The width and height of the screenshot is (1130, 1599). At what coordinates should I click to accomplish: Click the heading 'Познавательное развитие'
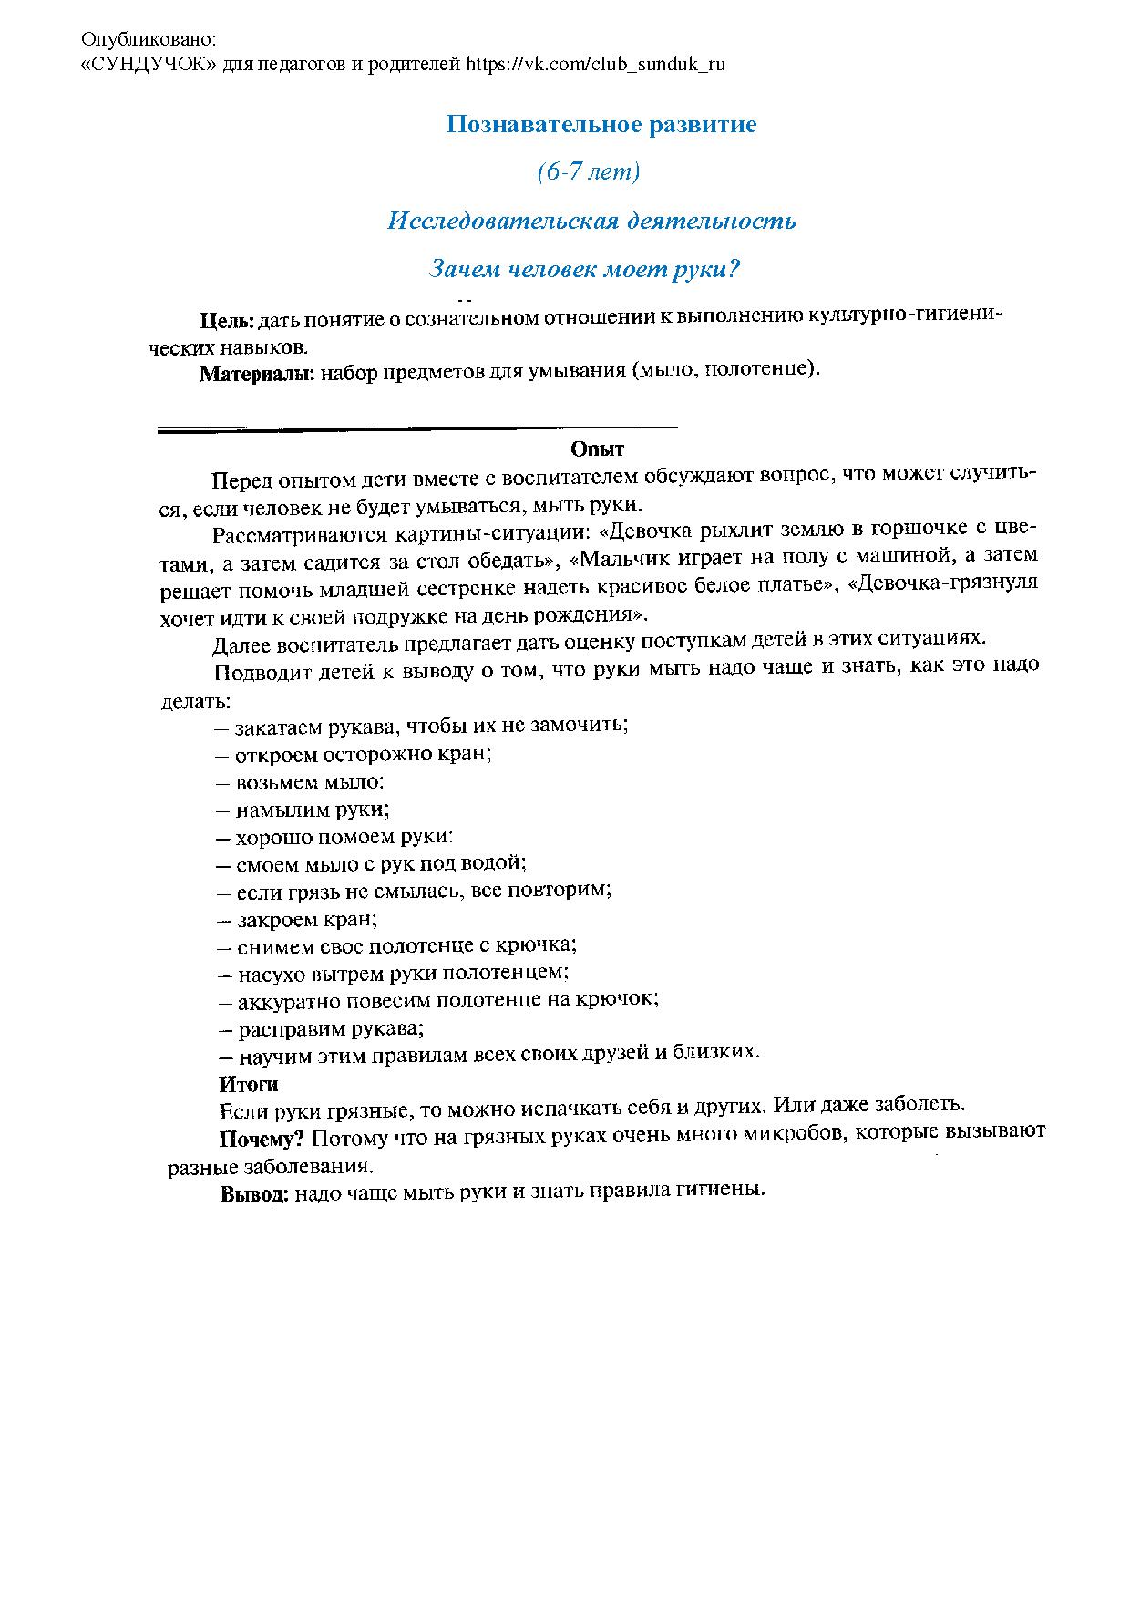pos(601,125)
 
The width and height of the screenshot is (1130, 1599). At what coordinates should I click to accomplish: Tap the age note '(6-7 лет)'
pos(588,172)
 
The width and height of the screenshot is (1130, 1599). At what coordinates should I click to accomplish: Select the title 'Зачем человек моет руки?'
pos(583,270)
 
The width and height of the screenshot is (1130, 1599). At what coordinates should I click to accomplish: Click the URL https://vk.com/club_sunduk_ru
pos(595,64)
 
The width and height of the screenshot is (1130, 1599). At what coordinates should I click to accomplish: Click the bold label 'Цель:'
pos(227,320)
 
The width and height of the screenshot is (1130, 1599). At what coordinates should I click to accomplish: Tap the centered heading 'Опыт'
pos(597,449)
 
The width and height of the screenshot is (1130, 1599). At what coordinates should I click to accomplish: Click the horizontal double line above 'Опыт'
pos(416,428)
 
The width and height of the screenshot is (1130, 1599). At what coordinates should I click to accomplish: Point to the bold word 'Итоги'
pos(248,1084)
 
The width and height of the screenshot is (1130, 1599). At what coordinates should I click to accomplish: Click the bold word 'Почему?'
pos(261,1138)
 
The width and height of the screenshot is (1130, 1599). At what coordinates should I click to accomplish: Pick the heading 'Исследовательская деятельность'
pos(591,222)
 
